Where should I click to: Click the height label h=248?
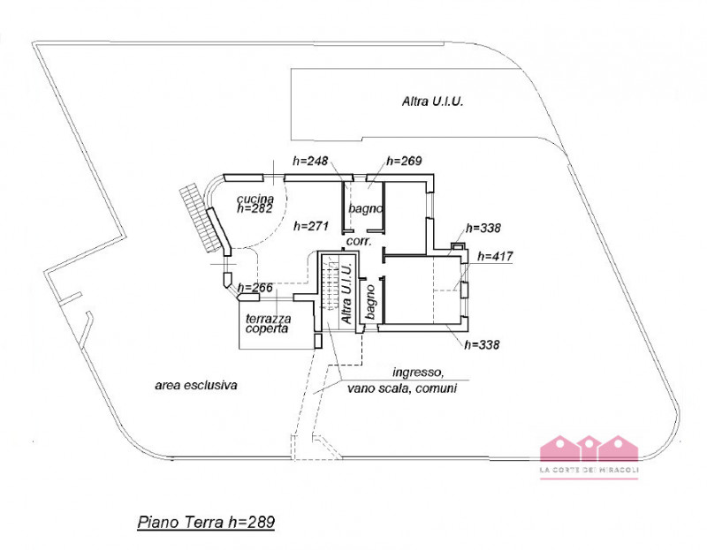310,162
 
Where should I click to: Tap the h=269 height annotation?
404,162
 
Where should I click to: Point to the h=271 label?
311,226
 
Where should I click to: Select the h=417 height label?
495,256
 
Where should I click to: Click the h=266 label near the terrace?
255,287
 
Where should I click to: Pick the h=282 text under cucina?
255,210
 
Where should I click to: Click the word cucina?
255,200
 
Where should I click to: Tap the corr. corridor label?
357,239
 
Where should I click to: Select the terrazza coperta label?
265,323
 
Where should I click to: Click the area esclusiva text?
197,385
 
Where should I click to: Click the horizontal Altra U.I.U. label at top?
433,102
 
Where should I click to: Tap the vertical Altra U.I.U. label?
347,292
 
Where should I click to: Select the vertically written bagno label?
372,300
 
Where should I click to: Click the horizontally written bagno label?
365,209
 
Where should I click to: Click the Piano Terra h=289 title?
206,523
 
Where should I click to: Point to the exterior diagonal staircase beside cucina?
201,217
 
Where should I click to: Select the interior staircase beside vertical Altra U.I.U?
330,284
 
